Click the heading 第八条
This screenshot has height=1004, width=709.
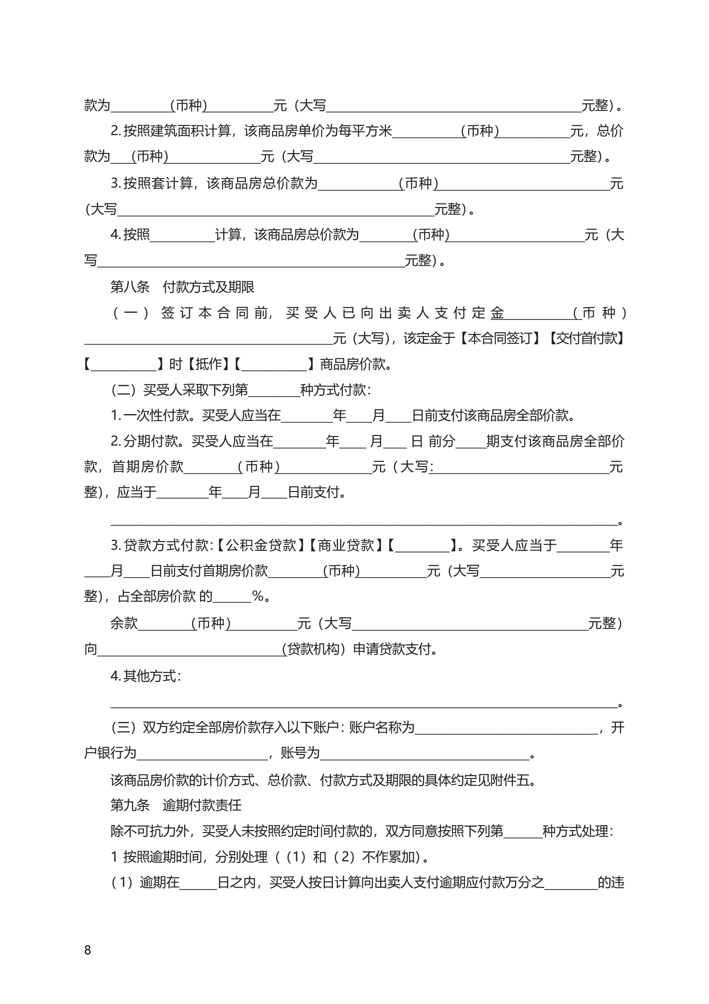pyautogui.click(x=130, y=287)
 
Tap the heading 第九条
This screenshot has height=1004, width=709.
pyautogui.click(x=130, y=805)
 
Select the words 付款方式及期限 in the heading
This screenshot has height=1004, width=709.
pyautogui.click(x=209, y=287)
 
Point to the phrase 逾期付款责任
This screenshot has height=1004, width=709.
pyautogui.click(x=202, y=805)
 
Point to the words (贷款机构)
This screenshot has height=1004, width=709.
pyautogui.click(x=314, y=649)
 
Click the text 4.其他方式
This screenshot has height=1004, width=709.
pyautogui.click(x=145, y=676)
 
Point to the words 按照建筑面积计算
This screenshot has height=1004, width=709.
pyautogui.click(x=177, y=131)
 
